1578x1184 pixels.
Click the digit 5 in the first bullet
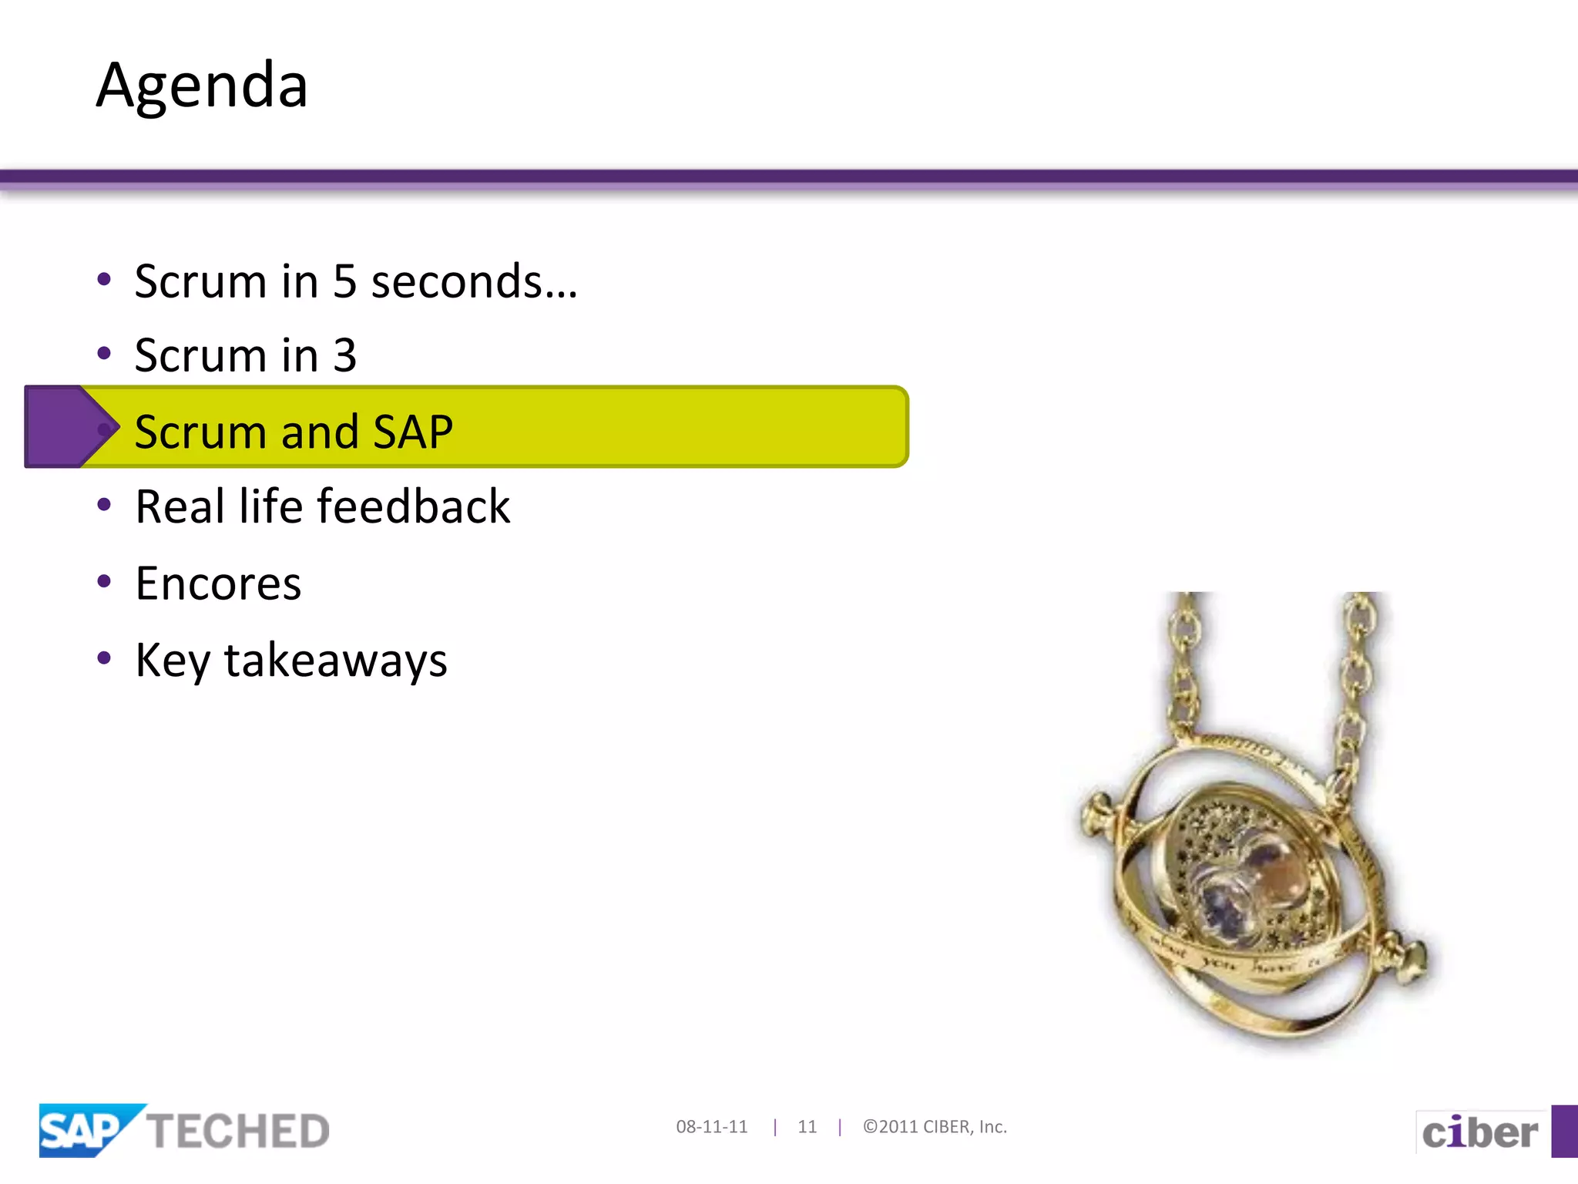pyautogui.click(x=344, y=281)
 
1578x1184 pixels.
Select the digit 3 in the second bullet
pyautogui.click(x=344, y=356)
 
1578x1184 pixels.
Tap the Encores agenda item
pyautogui.click(x=218, y=584)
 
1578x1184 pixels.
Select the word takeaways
pyautogui.click(x=335, y=661)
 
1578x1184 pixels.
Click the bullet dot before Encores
pyautogui.click(x=104, y=580)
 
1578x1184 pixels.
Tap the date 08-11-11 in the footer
pyautogui.click(x=711, y=1127)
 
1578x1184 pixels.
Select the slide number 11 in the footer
pyautogui.click(x=807, y=1127)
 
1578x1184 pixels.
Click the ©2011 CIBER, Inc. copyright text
pyautogui.click(x=935, y=1127)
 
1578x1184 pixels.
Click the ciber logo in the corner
pyautogui.click(x=1479, y=1132)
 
